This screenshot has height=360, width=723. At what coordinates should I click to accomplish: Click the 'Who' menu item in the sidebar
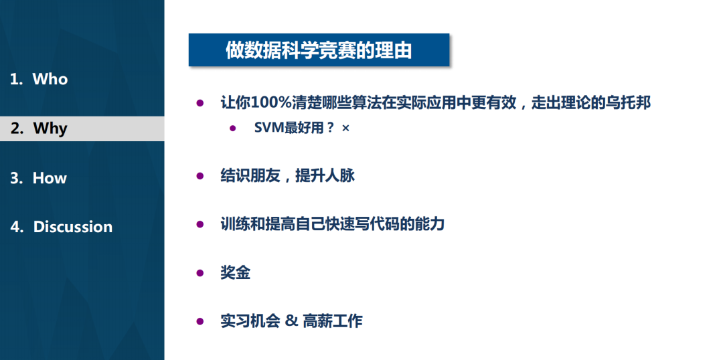tap(50, 79)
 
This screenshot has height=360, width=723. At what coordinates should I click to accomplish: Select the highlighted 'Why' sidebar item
tap(50, 128)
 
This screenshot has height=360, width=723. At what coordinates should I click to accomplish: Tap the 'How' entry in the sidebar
tap(50, 178)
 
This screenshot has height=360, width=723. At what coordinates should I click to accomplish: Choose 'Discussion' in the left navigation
tap(72, 227)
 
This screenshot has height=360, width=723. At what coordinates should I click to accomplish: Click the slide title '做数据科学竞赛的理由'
tap(319, 50)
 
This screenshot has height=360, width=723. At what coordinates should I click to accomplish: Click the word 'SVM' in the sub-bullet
tap(270, 128)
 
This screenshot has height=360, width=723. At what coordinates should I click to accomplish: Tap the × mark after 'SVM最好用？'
tap(345, 128)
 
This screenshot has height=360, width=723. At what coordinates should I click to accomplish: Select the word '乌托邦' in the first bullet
tap(628, 103)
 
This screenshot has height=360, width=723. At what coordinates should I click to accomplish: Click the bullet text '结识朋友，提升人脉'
tap(287, 176)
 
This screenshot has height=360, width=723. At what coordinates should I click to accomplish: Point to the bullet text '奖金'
tap(235, 272)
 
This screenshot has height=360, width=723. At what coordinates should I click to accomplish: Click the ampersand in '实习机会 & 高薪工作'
tap(291, 321)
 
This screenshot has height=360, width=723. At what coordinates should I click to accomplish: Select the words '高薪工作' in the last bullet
tap(333, 321)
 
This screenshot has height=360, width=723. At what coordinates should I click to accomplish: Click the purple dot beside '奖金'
tap(199, 272)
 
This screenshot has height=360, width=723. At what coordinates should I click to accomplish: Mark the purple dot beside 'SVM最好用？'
tap(233, 128)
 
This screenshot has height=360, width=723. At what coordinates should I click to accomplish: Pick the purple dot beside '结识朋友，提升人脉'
tap(199, 176)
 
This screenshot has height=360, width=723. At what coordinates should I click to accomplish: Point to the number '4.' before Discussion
tap(17, 227)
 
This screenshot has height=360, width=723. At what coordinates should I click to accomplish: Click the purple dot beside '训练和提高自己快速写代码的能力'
tap(199, 224)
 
